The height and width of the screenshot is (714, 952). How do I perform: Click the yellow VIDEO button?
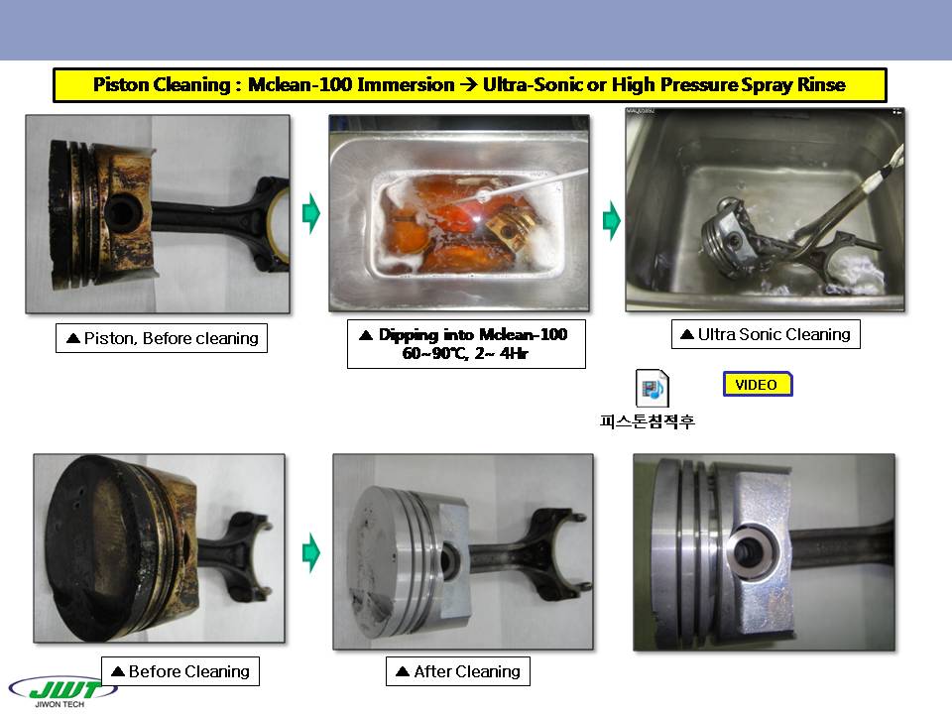758,385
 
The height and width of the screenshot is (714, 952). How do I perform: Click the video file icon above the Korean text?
653,388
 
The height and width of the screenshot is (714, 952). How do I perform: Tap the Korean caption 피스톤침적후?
648,421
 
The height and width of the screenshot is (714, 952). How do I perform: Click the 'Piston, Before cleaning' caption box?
162,338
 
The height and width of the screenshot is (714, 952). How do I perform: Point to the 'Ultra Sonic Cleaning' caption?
766,334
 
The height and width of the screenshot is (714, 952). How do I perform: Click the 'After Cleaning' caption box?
458,671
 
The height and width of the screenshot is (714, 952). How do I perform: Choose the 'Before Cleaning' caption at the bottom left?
180,671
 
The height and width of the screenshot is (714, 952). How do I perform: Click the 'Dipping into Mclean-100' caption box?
466,344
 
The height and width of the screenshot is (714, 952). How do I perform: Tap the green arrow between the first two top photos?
310,213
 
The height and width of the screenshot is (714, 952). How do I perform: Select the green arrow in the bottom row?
310,552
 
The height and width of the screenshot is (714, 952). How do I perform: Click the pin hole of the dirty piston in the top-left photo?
122,212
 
